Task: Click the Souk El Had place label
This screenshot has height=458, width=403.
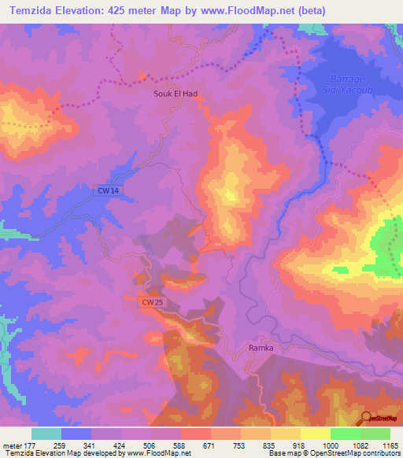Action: pos(175,92)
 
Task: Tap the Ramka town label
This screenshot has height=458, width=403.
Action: pos(261,346)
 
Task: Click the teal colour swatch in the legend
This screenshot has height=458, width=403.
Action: pos(46,434)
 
